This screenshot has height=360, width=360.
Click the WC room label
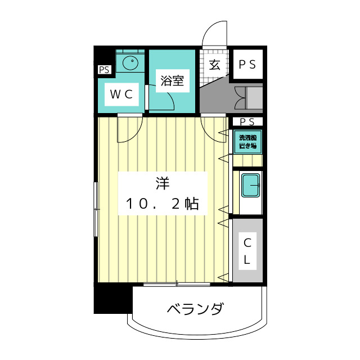pos(121,94)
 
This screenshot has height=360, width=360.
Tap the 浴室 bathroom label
pos(172,80)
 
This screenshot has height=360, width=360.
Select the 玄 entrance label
pos(215,64)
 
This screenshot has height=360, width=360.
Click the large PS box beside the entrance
pos(247,64)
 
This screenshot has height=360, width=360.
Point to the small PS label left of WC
pos(104,70)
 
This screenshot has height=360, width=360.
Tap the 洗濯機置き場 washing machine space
pos(247,142)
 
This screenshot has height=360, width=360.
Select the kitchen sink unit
pos(250,186)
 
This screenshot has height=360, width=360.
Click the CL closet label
pos(247,252)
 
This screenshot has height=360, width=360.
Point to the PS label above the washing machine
pos(247,121)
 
